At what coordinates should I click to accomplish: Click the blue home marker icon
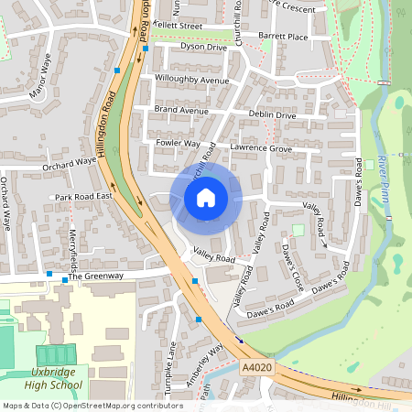click(x=206, y=197)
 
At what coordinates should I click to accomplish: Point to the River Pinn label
click(x=384, y=179)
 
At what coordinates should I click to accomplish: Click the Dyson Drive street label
click(x=202, y=46)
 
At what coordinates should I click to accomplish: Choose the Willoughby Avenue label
click(x=191, y=81)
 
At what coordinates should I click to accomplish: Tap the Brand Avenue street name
click(x=181, y=110)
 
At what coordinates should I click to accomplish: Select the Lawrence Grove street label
click(x=261, y=147)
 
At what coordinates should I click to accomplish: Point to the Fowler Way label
click(x=178, y=144)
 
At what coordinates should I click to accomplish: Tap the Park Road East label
click(x=82, y=197)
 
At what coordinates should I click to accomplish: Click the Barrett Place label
click(x=283, y=38)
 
